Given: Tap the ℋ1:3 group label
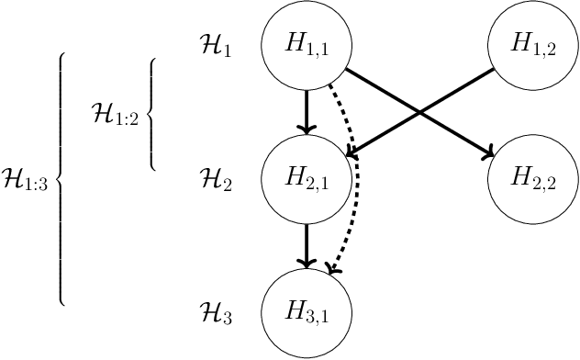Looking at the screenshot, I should pos(26,178).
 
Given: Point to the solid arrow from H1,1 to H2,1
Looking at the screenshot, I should pos(307,110).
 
